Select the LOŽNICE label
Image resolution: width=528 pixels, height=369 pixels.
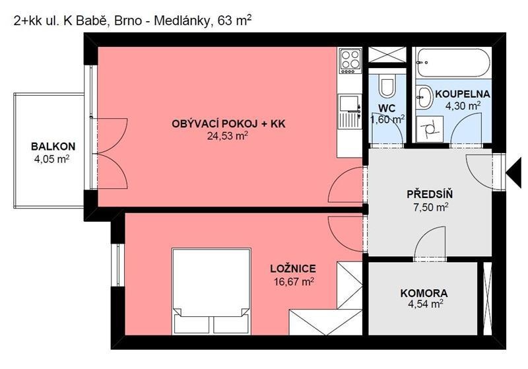(292, 269)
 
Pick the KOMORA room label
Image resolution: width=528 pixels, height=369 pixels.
(424, 292)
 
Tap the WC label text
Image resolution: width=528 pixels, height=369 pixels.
(386, 108)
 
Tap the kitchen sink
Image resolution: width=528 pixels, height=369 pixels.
(349, 104)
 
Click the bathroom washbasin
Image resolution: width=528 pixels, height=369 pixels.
(423, 98)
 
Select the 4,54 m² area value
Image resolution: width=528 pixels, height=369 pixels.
(424, 304)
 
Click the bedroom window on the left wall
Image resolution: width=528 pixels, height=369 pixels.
(117, 265)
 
